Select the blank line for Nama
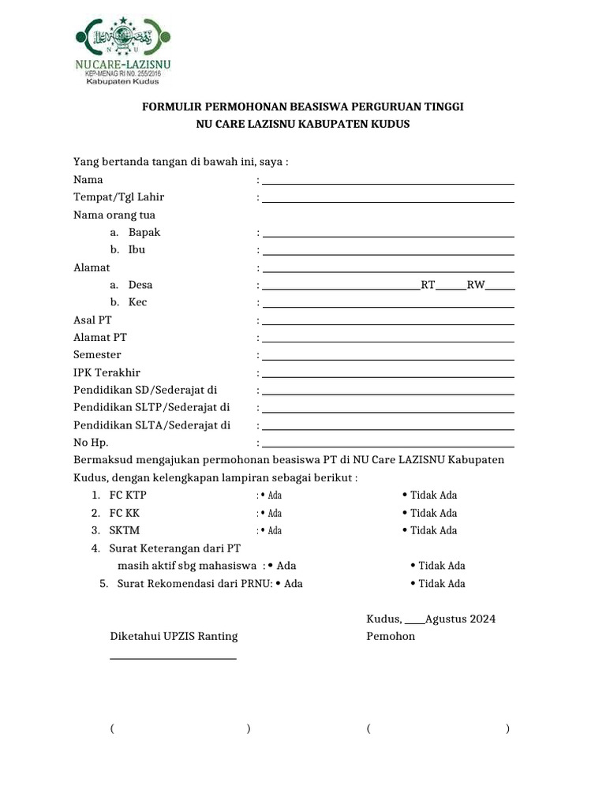click(388, 182)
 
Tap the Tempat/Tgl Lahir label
click(119, 197)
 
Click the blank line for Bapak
click(388, 235)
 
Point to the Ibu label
click(137, 250)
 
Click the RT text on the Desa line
click(428, 285)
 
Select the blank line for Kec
click(388, 305)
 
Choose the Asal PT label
click(93, 320)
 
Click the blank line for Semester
click(388, 358)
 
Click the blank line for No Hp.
click(388, 446)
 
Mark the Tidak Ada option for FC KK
click(429, 514)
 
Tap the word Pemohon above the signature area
click(391, 636)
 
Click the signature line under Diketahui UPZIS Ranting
click(173, 657)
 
